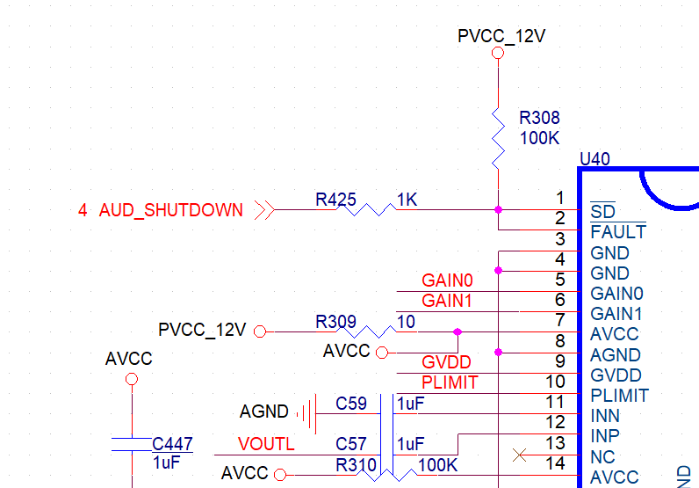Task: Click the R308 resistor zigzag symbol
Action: pyautogui.click(x=499, y=138)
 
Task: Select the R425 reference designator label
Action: pyautogui.click(x=335, y=199)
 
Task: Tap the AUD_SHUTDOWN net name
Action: pyautogui.click(x=170, y=210)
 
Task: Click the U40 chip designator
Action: pyautogui.click(x=595, y=159)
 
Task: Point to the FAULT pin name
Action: pyautogui.click(x=618, y=232)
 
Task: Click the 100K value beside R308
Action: pyautogui.click(x=539, y=138)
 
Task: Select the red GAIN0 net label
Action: pyautogui.click(x=447, y=280)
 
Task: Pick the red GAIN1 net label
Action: pyautogui.click(x=447, y=301)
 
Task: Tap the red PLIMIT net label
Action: pyautogui.click(x=450, y=382)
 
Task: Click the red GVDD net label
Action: pyautogui.click(x=446, y=362)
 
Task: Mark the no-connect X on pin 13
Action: pyautogui.click(x=519, y=455)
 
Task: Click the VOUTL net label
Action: pyautogui.click(x=266, y=444)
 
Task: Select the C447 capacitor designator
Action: pyautogui.click(x=172, y=444)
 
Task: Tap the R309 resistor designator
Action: pyautogui.click(x=335, y=322)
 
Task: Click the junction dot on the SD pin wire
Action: pyautogui.click(x=499, y=209)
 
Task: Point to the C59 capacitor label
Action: pyautogui.click(x=351, y=404)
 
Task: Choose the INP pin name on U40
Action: pyautogui.click(x=605, y=435)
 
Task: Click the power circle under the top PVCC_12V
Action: pyautogui.click(x=498, y=53)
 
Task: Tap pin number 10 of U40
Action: pyautogui.click(x=556, y=382)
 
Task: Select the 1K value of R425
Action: pyautogui.click(x=407, y=200)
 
